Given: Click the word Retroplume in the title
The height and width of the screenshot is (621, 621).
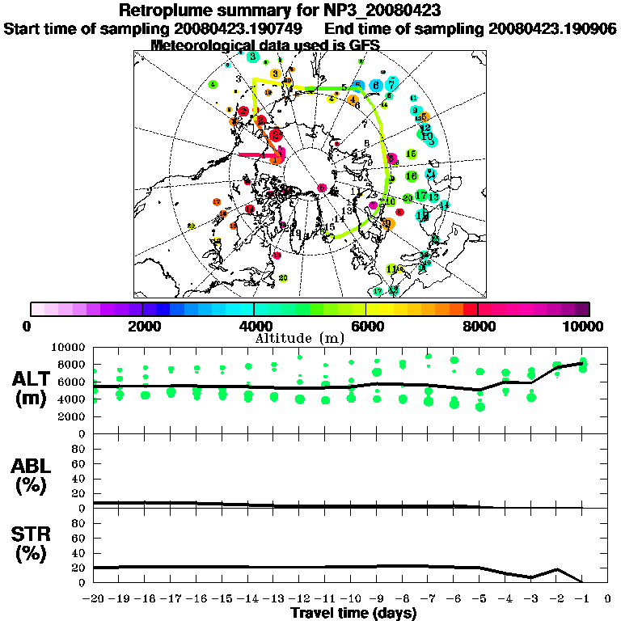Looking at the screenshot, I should point(167,11).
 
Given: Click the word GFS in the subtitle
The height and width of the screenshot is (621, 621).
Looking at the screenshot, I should point(363,45).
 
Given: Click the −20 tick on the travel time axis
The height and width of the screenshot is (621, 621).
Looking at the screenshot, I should point(94,599).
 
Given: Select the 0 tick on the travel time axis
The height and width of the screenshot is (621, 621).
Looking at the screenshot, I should point(607,599).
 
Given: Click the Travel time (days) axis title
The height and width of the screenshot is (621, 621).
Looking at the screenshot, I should point(353,614).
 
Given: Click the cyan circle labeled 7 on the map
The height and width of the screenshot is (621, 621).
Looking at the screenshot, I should point(392,83).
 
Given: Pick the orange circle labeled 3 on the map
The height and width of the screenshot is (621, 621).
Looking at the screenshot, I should point(275,74).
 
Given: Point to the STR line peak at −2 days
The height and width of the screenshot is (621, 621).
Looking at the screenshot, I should point(556,569).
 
